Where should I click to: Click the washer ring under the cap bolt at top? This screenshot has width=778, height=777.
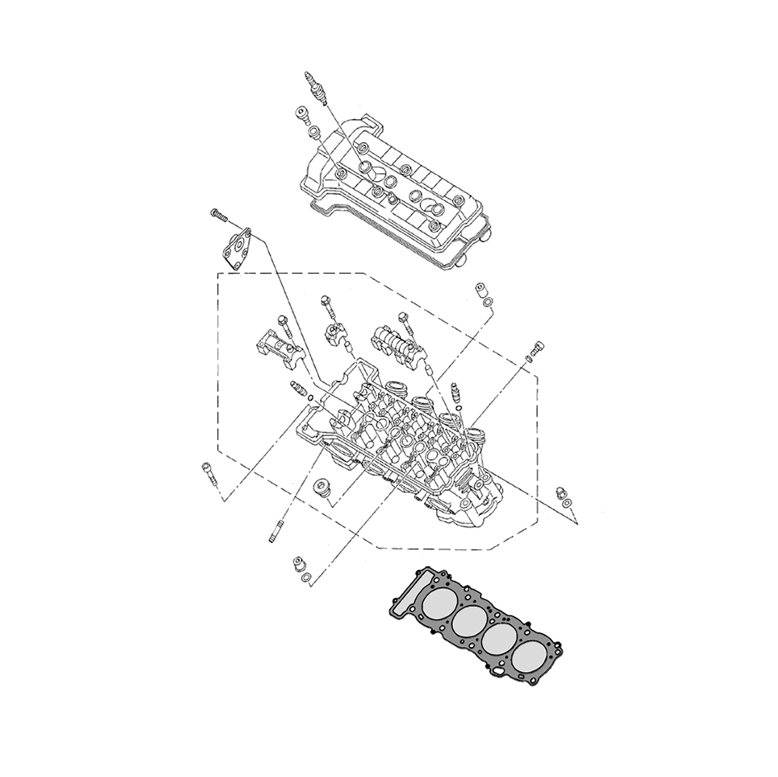(x=312, y=133)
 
